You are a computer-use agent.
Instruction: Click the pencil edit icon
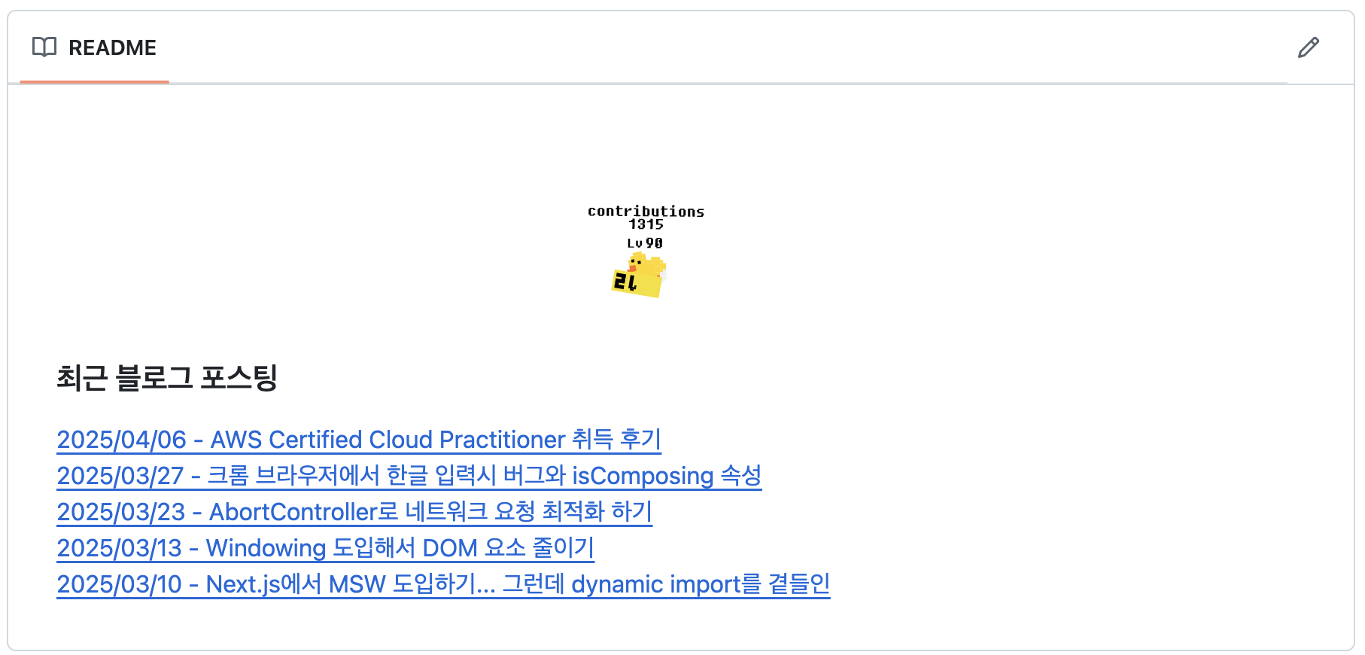click(x=1309, y=47)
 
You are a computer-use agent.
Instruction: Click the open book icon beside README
click(x=44, y=47)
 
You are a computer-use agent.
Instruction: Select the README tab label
click(x=112, y=48)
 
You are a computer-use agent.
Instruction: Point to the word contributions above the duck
click(x=646, y=212)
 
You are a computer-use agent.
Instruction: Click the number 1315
click(x=646, y=224)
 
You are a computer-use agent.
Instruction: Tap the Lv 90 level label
click(x=645, y=243)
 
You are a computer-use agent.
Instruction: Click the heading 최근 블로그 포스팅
click(x=167, y=378)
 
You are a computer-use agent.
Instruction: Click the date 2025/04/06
click(x=121, y=440)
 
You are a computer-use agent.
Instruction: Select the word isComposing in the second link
click(x=643, y=476)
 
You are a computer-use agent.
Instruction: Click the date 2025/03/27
click(x=120, y=476)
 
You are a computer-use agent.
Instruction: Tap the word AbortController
click(x=293, y=512)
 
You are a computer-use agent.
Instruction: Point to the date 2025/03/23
click(x=120, y=512)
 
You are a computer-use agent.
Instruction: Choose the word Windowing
click(x=266, y=548)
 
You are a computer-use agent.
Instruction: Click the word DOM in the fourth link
click(x=449, y=548)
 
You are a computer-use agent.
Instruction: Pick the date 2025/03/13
click(x=119, y=548)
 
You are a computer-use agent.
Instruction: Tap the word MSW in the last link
click(x=357, y=584)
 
